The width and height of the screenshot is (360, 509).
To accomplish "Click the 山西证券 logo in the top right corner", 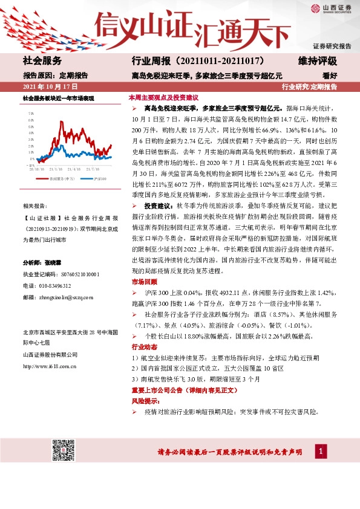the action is (x=333, y=8).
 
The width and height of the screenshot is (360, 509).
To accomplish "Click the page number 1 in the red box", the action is (x=321, y=450).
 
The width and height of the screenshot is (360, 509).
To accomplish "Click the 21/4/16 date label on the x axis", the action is (x=74, y=170).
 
